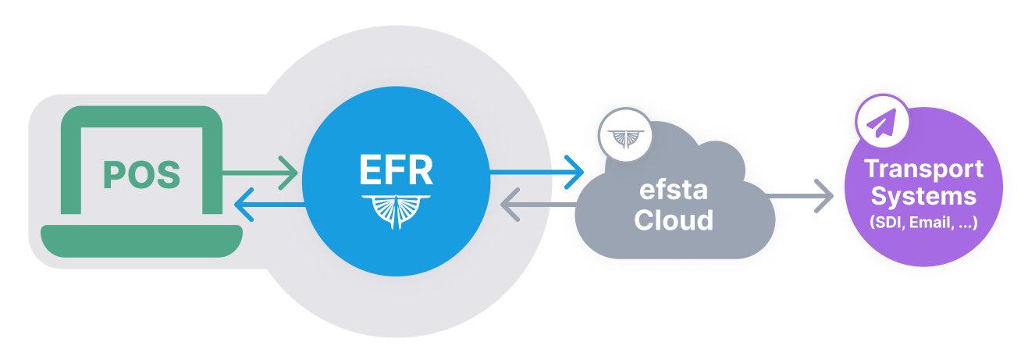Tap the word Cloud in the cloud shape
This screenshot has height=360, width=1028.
click(674, 220)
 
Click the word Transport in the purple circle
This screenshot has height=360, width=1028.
click(923, 169)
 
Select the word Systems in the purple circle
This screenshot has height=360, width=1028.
click(923, 195)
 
